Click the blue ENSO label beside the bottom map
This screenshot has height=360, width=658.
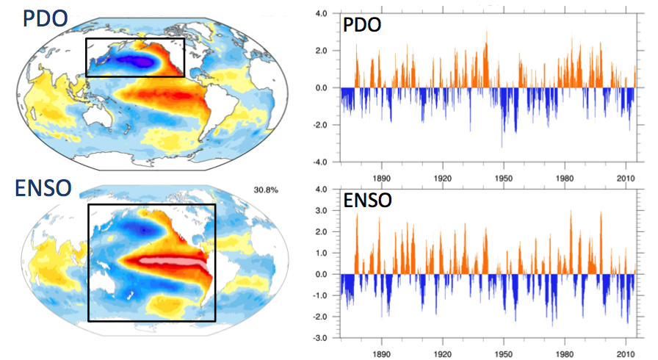[x=43, y=187]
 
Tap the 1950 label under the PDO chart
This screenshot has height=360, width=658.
[x=503, y=177]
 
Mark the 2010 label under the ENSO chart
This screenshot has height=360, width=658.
[x=626, y=352]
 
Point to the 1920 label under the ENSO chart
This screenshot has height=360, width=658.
[x=442, y=352]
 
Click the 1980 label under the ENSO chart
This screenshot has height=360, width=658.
[x=564, y=352]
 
